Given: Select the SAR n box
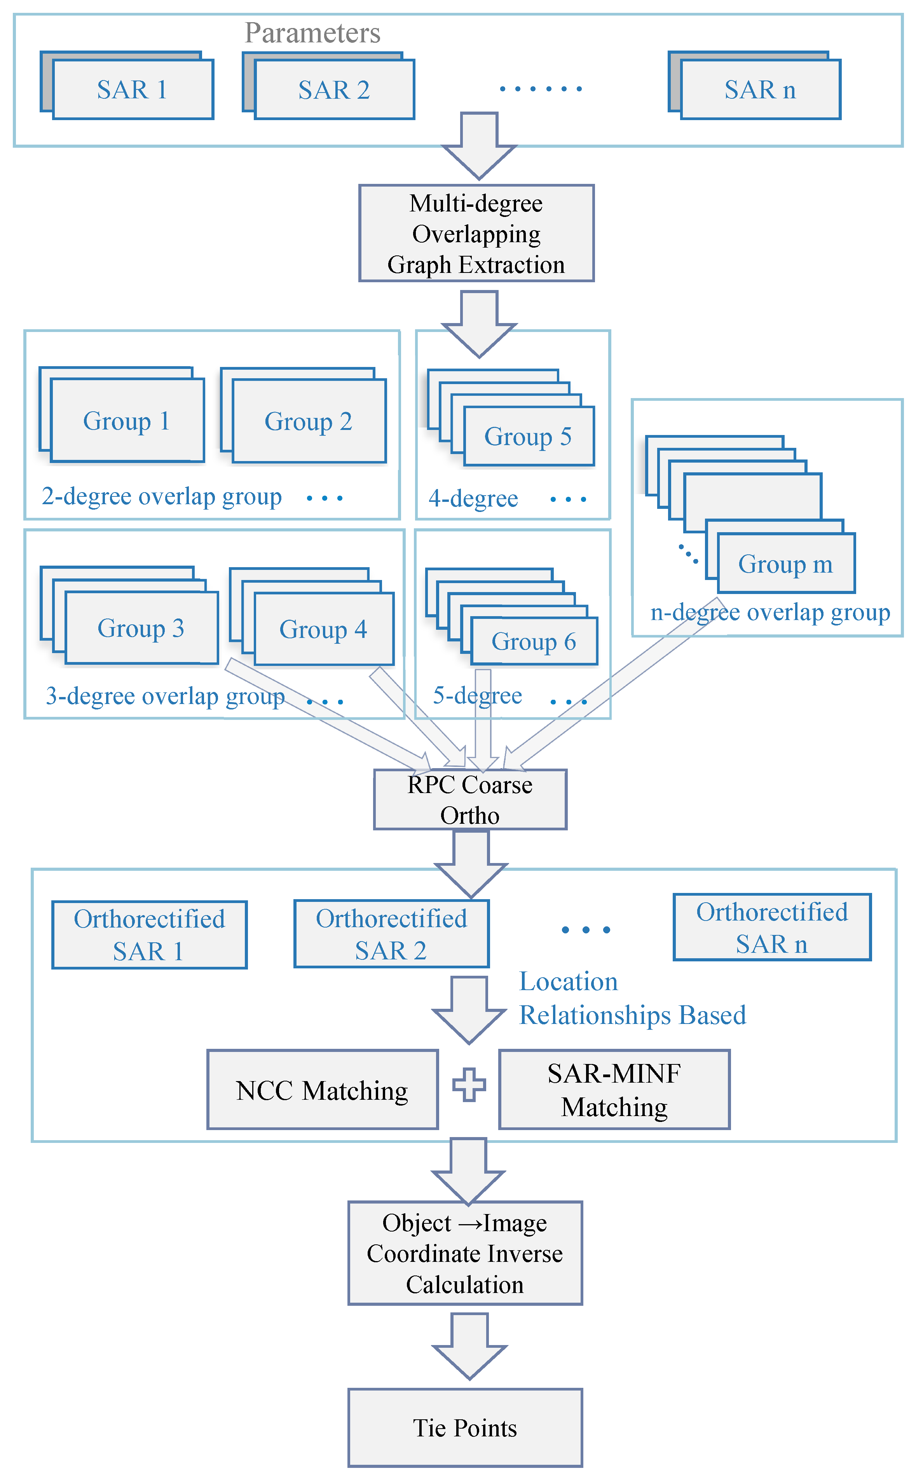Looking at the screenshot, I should click(x=760, y=90).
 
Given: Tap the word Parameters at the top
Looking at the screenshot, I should click(x=312, y=33).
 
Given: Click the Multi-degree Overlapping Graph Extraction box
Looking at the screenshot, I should click(x=476, y=233).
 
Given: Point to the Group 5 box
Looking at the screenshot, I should click(x=528, y=436).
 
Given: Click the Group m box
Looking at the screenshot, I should click(x=786, y=564).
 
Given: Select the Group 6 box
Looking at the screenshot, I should click(x=534, y=641).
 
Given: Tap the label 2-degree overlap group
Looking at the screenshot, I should click(x=161, y=496).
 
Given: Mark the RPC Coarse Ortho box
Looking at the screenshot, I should click(x=470, y=799).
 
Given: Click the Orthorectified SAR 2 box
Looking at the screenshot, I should click(x=391, y=934).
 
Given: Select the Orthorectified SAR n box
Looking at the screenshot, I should click(x=772, y=927).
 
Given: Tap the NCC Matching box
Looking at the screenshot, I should click(x=322, y=1090).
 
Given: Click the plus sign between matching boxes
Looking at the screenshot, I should click(x=469, y=1085).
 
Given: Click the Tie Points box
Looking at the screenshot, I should click(x=465, y=1428).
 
